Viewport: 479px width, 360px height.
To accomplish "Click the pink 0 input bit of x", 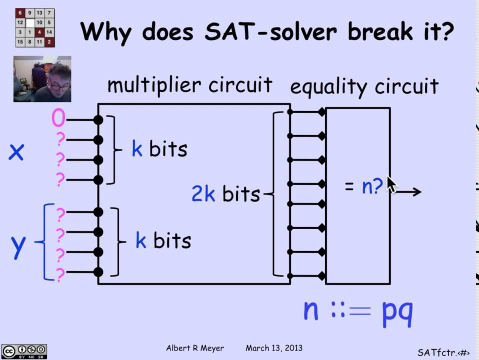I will (58, 118).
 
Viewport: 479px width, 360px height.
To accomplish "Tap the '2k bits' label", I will (225, 193).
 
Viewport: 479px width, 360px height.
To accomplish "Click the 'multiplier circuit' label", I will (190, 85).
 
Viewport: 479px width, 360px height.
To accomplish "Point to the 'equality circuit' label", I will (364, 86).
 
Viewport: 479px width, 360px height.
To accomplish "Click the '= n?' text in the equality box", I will (363, 186).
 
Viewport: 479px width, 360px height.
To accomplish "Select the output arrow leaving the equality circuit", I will (409, 191).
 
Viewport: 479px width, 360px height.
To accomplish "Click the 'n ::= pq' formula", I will (358, 310).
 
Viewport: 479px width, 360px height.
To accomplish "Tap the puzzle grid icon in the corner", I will (35, 28).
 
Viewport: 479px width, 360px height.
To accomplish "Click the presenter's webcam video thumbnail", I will (42, 79).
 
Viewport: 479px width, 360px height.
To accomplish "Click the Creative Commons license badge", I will (24, 351).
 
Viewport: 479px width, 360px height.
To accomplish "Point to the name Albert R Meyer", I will (194, 348).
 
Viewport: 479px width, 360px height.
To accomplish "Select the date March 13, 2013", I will (274, 348).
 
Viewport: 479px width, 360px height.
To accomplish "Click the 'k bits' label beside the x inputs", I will (159, 149).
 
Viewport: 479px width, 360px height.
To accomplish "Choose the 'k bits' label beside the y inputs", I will (163, 241).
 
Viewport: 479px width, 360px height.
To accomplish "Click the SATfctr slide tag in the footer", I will (443, 352).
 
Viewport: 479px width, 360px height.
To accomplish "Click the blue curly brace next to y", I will (45, 241).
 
